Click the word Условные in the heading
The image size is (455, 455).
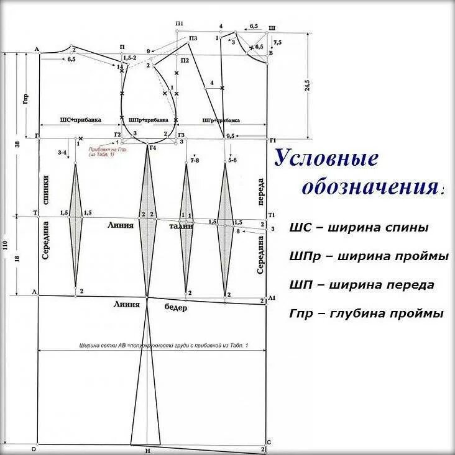click(x=327, y=159)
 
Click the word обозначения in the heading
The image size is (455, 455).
click(x=372, y=187)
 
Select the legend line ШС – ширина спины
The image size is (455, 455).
click(x=359, y=228)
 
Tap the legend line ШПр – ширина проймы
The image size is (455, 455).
click(x=368, y=256)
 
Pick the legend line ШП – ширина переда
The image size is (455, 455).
click(x=362, y=285)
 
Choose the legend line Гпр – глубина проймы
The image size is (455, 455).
click(x=366, y=313)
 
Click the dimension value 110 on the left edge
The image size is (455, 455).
click(x=6, y=246)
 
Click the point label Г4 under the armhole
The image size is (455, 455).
click(x=153, y=148)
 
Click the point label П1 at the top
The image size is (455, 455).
click(x=180, y=24)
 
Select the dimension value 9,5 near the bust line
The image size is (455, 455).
click(x=230, y=135)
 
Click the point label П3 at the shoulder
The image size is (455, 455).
click(x=193, y=38)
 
